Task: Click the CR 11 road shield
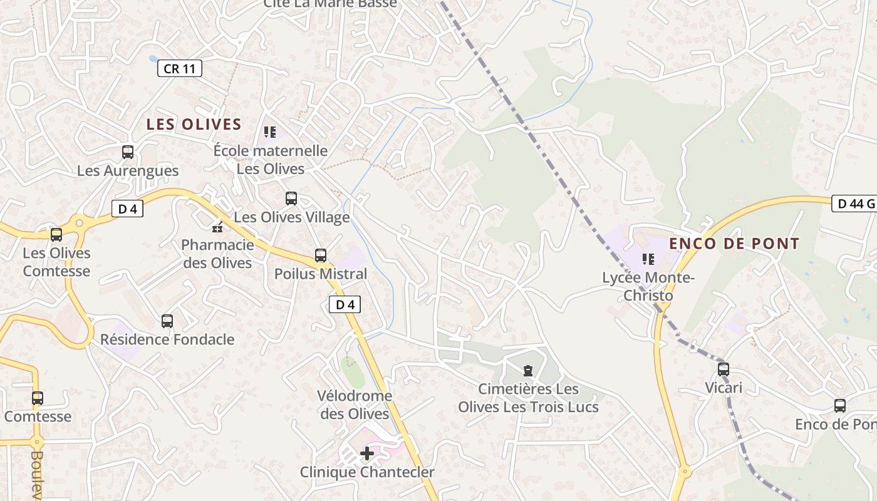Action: pos(179,68)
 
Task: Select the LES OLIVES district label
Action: pos(194,125)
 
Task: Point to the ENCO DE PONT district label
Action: pos(734,244)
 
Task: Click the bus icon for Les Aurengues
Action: pos(128,152)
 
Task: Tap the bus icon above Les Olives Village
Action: pos(291,199)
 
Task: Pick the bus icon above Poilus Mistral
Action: pos(321,256)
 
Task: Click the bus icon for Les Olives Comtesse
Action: pos(56,235)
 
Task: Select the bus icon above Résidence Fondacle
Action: pos(167,321)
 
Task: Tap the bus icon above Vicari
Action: pos(724,369)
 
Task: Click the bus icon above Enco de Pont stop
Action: pos(840,406)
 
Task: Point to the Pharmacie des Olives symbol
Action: pos(218,226)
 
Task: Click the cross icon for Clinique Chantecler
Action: pos(367,453)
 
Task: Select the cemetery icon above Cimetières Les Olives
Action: pos(528,371)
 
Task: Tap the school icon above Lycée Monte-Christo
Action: pos(648,259)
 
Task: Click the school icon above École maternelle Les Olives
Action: pos(270,132)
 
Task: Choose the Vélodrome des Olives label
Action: pos(355,405)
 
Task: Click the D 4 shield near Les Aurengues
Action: pos(127,209)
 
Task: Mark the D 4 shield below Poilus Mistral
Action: pos(345,305)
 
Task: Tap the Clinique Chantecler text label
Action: pos(367,472)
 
